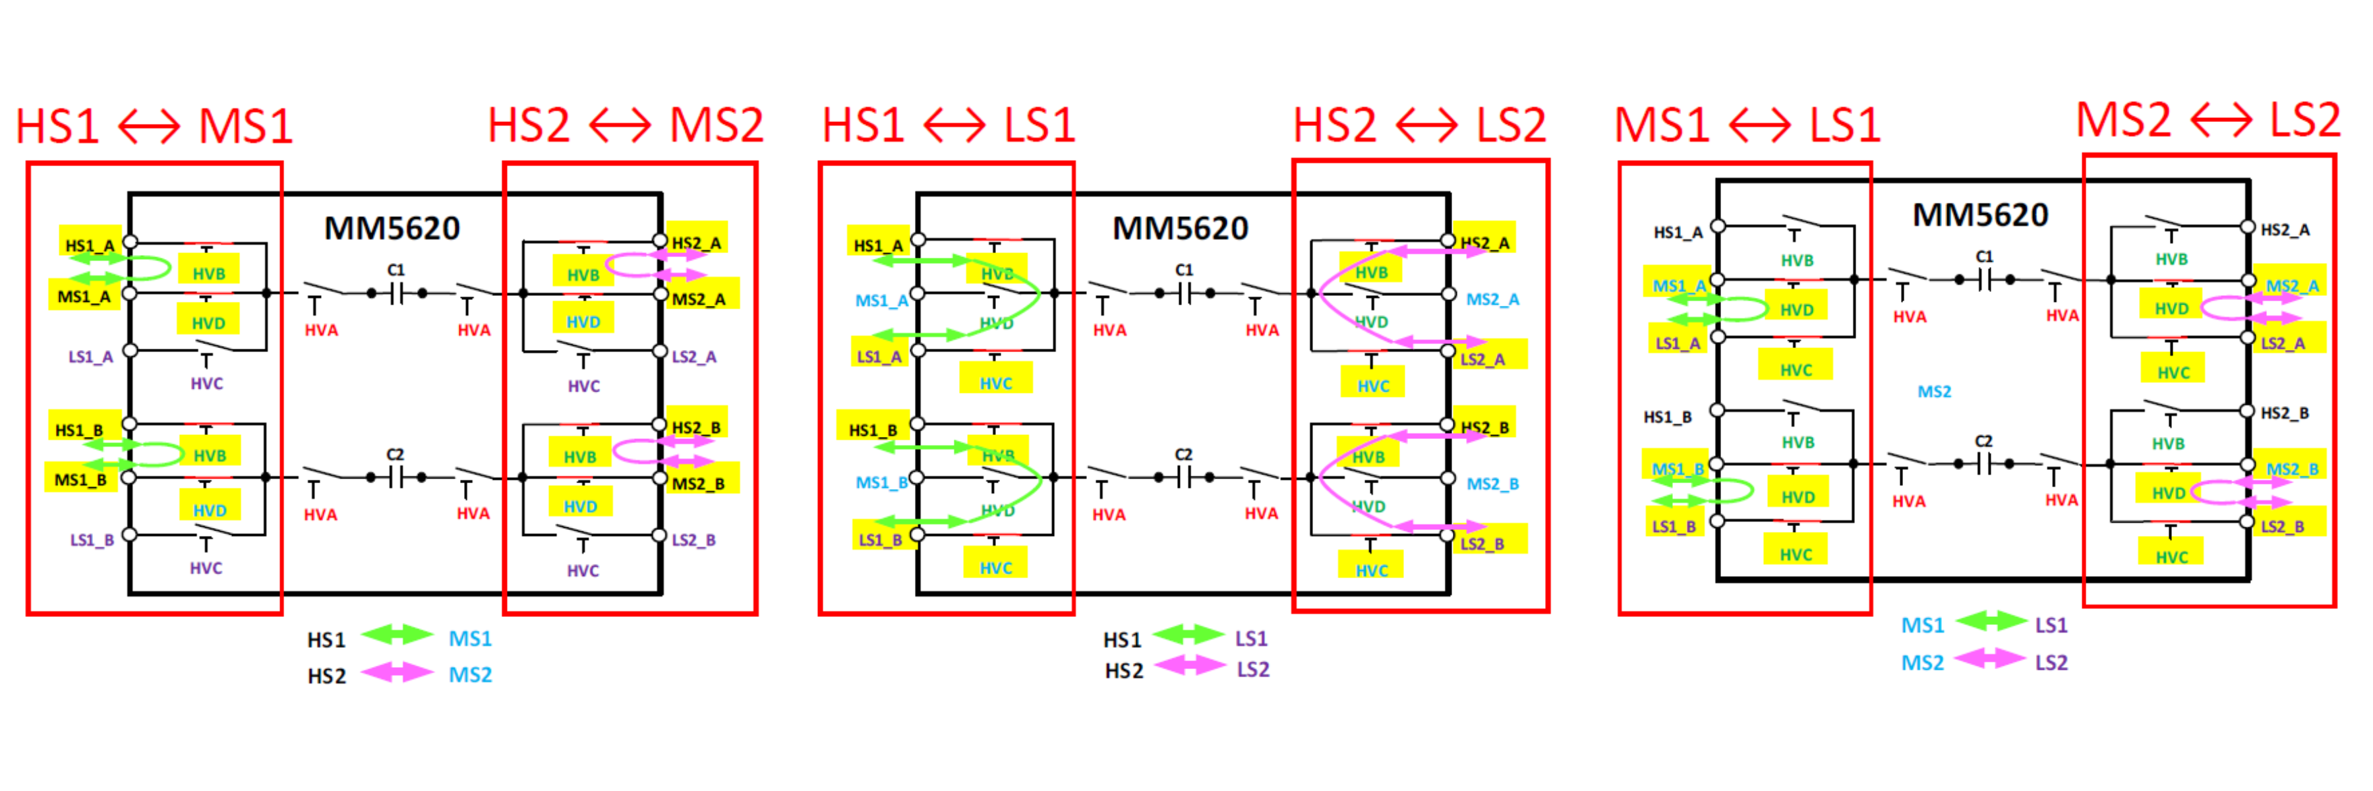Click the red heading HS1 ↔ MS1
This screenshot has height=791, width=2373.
[154, 126]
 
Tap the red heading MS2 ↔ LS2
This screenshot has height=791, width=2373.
[2207, 120]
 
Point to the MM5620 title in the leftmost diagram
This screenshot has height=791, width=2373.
[392, 228]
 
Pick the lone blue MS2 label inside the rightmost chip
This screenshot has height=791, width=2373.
[1933, 392]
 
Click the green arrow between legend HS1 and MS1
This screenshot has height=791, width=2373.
[397, 635]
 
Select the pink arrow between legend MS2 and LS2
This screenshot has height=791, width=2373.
[1990, 659]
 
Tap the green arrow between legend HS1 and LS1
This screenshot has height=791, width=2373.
[1188, 635]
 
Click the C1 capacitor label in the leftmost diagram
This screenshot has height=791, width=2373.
[395, 270]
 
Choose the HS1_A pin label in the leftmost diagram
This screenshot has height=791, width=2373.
[90, 246]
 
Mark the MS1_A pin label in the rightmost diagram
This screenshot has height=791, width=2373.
[1678, 285]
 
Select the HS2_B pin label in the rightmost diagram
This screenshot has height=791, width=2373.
[2285, 413]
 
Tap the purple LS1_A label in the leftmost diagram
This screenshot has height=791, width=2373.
[90, 357]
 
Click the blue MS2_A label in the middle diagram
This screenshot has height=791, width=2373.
[1492, 299]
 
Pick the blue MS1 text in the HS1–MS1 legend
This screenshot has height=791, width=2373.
[470, 638]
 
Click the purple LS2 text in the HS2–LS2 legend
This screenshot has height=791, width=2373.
[1253, 670]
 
